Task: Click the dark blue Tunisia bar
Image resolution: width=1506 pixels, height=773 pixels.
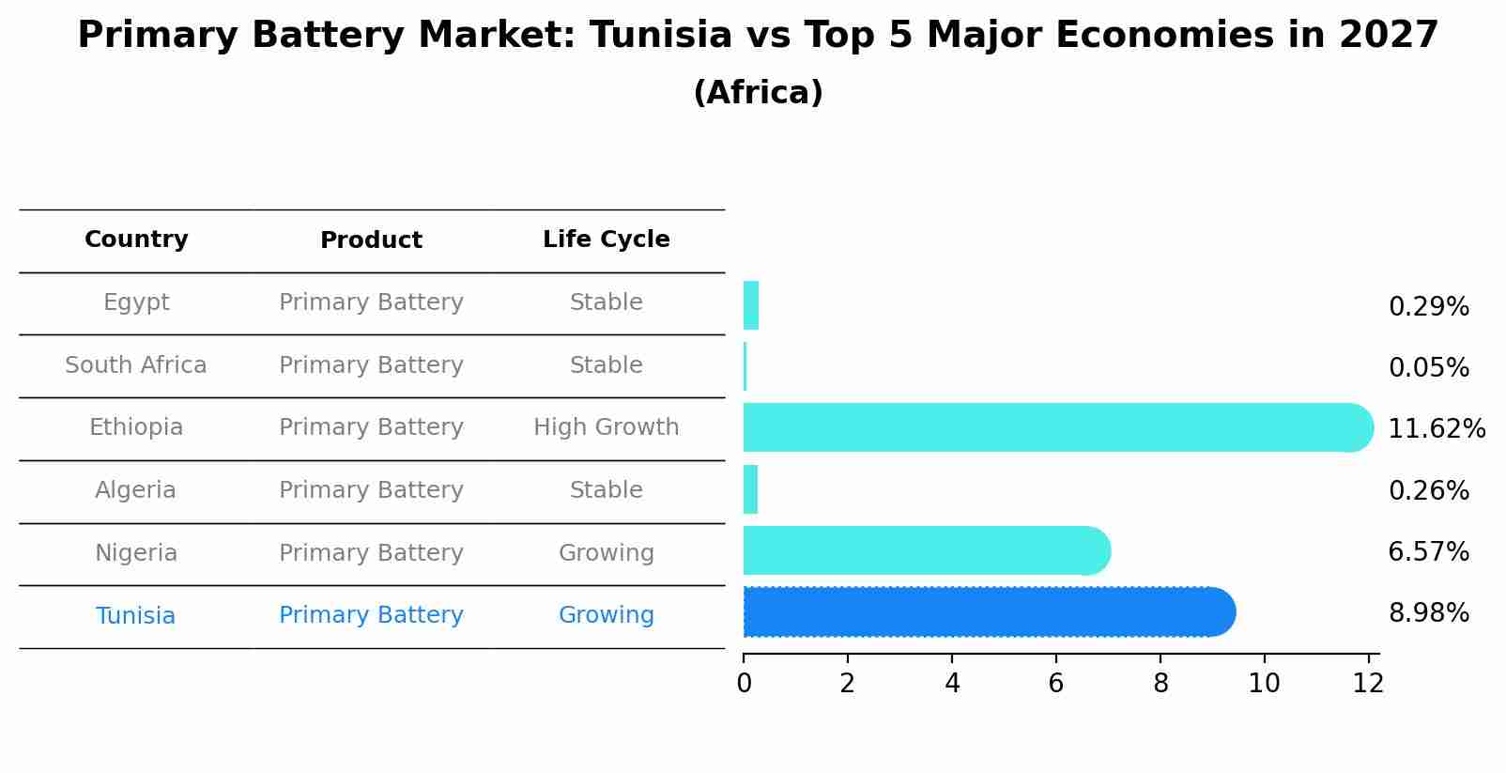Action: pyautogui.click(x=986, y=612)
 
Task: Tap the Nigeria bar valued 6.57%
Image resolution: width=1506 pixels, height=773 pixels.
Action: pyautogui.click(x=925, y=550)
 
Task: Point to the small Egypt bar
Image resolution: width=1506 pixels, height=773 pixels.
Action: pyautogui.click(x=750, y=305)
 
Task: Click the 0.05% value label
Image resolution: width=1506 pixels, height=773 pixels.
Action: pyautogui.click(x=1428, y=368)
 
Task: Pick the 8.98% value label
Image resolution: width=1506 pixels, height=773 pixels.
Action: pyautogui.click(x=1428, y=613)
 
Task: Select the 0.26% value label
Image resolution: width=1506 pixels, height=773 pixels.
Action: pyautogui.click(x=1428, y=490)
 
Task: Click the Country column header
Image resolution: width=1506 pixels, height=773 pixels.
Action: pyautogui.click(x=136, y=240)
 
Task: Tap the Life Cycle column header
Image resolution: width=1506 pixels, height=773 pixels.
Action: pyautogui.click(x=606, y=240)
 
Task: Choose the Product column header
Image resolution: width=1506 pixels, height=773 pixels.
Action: pyautogui.click(x=371, y=240)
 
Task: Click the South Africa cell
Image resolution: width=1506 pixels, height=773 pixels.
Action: pyautogui.click(x=136, y=365)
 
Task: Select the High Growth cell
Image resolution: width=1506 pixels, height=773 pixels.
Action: pyautogui.click(x=606, y=427)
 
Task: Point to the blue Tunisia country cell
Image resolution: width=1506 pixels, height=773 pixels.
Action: pyautogui.click(x=136, y=616)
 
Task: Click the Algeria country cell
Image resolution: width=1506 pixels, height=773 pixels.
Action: pyautogui.click(x=136, y=490)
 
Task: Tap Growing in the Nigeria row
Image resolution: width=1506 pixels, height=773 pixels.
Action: pyautogui.click(x=606, y=553)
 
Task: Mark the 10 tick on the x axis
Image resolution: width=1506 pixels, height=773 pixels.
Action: pyautogui.click(x=1264, y=684)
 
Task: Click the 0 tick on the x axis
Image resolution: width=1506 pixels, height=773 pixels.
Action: pyautogui.click(x=744, y=684)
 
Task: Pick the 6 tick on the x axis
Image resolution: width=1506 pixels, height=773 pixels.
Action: pyautogui.click(x=1056, y=684)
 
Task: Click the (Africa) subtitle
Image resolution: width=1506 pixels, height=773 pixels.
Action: pyautogui.click(x=758, y=93)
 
